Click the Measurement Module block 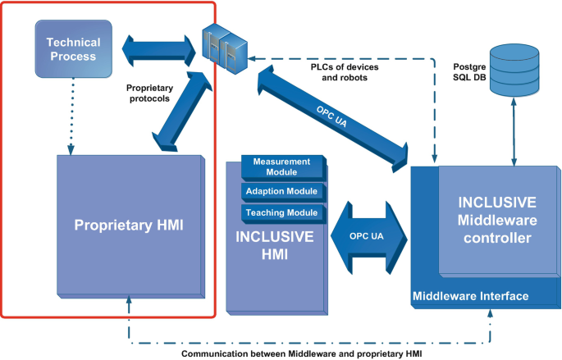[281, 166]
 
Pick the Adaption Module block [281, 192]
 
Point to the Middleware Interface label [470, 296]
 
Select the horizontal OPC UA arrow [368, 236]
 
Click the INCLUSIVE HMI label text [274, 245]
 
